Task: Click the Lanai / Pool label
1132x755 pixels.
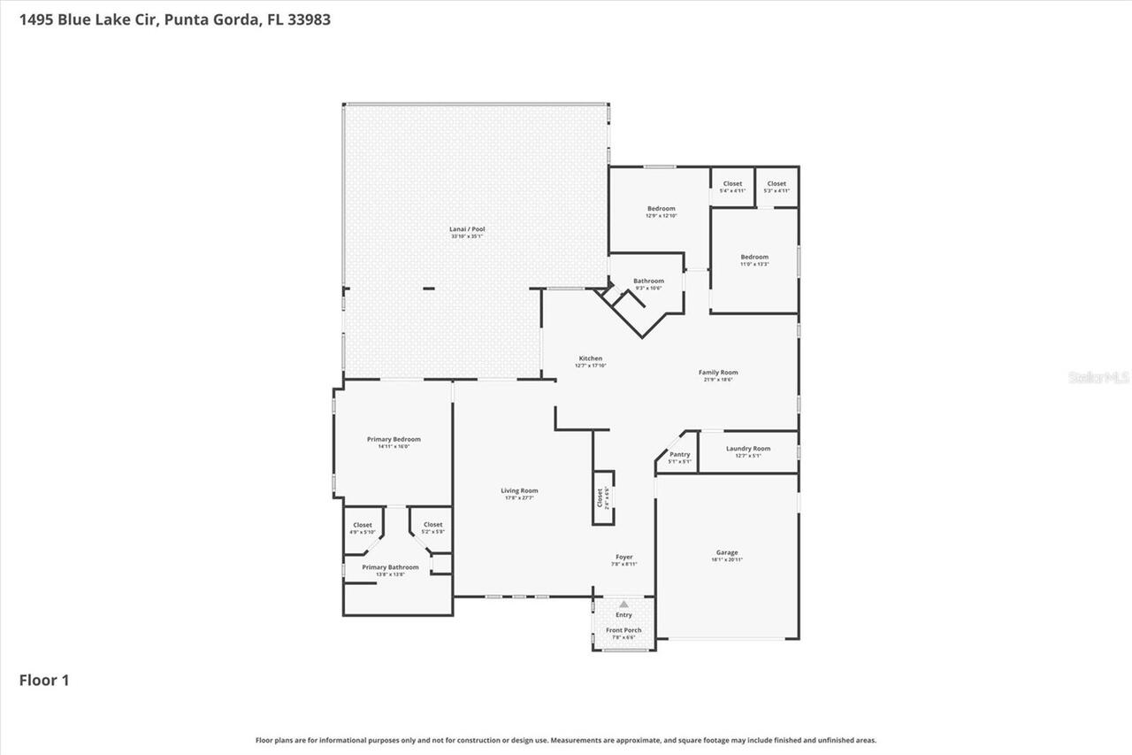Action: [467, 229]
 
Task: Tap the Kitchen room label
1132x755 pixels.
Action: [590, 358]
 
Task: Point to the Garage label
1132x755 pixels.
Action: [727, 552]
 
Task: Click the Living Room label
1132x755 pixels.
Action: [519, 490]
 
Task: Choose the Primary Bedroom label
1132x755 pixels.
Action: [394, 439]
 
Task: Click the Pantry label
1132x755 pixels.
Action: [679, 455]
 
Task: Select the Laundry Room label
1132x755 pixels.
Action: [748, 449]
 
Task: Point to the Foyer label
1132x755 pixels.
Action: [623, 557]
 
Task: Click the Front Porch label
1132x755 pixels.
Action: [623, 630]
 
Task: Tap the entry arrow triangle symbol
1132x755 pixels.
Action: [623, 605]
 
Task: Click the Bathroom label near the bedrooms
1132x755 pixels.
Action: [648, 281]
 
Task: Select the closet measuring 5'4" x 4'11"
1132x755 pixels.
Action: [732, 187]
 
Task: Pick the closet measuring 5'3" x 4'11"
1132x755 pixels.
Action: [776, 187]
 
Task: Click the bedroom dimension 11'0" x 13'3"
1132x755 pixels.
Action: [754, 264]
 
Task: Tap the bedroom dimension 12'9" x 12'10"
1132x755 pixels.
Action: [661, 216]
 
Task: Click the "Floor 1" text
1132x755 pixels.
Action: [44, 680]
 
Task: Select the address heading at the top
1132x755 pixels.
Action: [169, 19]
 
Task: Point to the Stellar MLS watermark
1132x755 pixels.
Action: [1098, 377]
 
